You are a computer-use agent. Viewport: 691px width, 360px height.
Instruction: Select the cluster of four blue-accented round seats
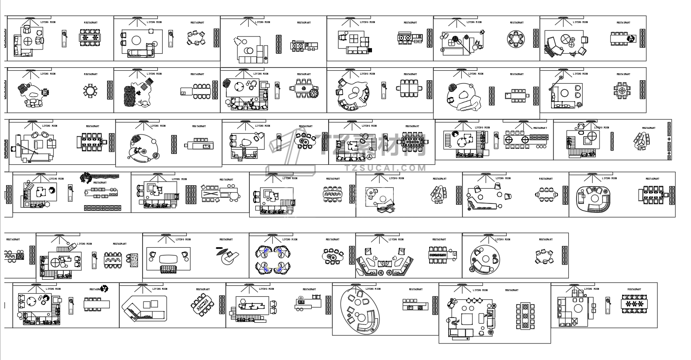click(273, 259)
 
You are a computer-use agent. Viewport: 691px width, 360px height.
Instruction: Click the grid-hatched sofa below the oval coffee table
click(169, 270)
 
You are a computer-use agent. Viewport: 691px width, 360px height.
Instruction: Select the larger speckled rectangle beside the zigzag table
click(134, 260)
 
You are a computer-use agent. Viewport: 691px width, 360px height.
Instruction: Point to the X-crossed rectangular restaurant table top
click(210, 193)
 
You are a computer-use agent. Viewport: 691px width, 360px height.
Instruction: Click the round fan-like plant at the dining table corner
click(314, 92)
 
